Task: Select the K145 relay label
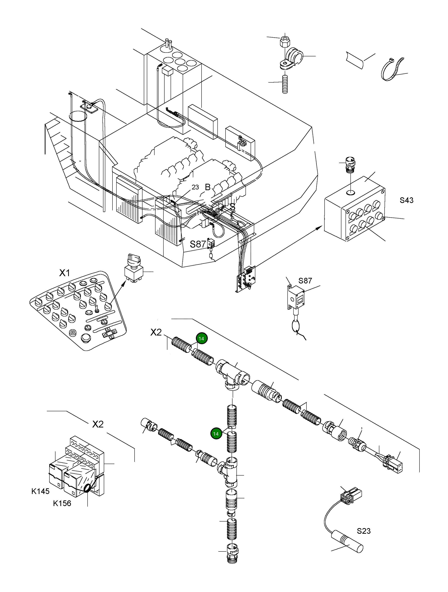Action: click(40, 491)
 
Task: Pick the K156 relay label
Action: click(62, 503)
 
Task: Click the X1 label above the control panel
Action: click(64, 273)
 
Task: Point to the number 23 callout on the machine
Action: click(195, 187)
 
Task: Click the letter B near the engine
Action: click(207, 187)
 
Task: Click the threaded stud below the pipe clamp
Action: click(285, 84)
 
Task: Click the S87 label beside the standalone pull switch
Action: click(305, 281)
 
